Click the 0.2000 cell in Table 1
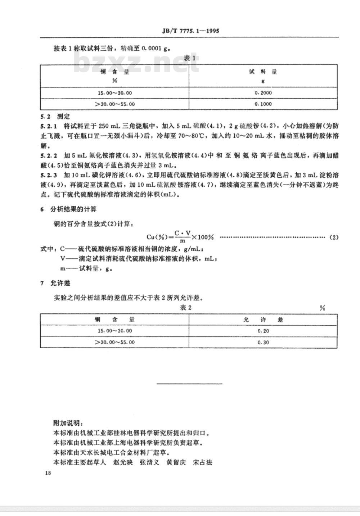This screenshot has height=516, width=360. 263,93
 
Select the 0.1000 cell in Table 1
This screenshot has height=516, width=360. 263,104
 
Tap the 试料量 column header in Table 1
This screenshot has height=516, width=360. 263,72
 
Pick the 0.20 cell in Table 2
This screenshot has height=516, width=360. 263,331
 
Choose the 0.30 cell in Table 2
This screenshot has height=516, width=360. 263,342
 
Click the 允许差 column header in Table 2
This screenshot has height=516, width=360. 263,320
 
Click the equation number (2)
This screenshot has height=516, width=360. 334,237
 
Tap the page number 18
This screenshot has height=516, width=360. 48,473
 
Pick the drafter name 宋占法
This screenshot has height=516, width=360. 202,462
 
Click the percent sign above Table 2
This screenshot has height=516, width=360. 322,308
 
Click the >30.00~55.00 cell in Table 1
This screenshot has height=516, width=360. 114,104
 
